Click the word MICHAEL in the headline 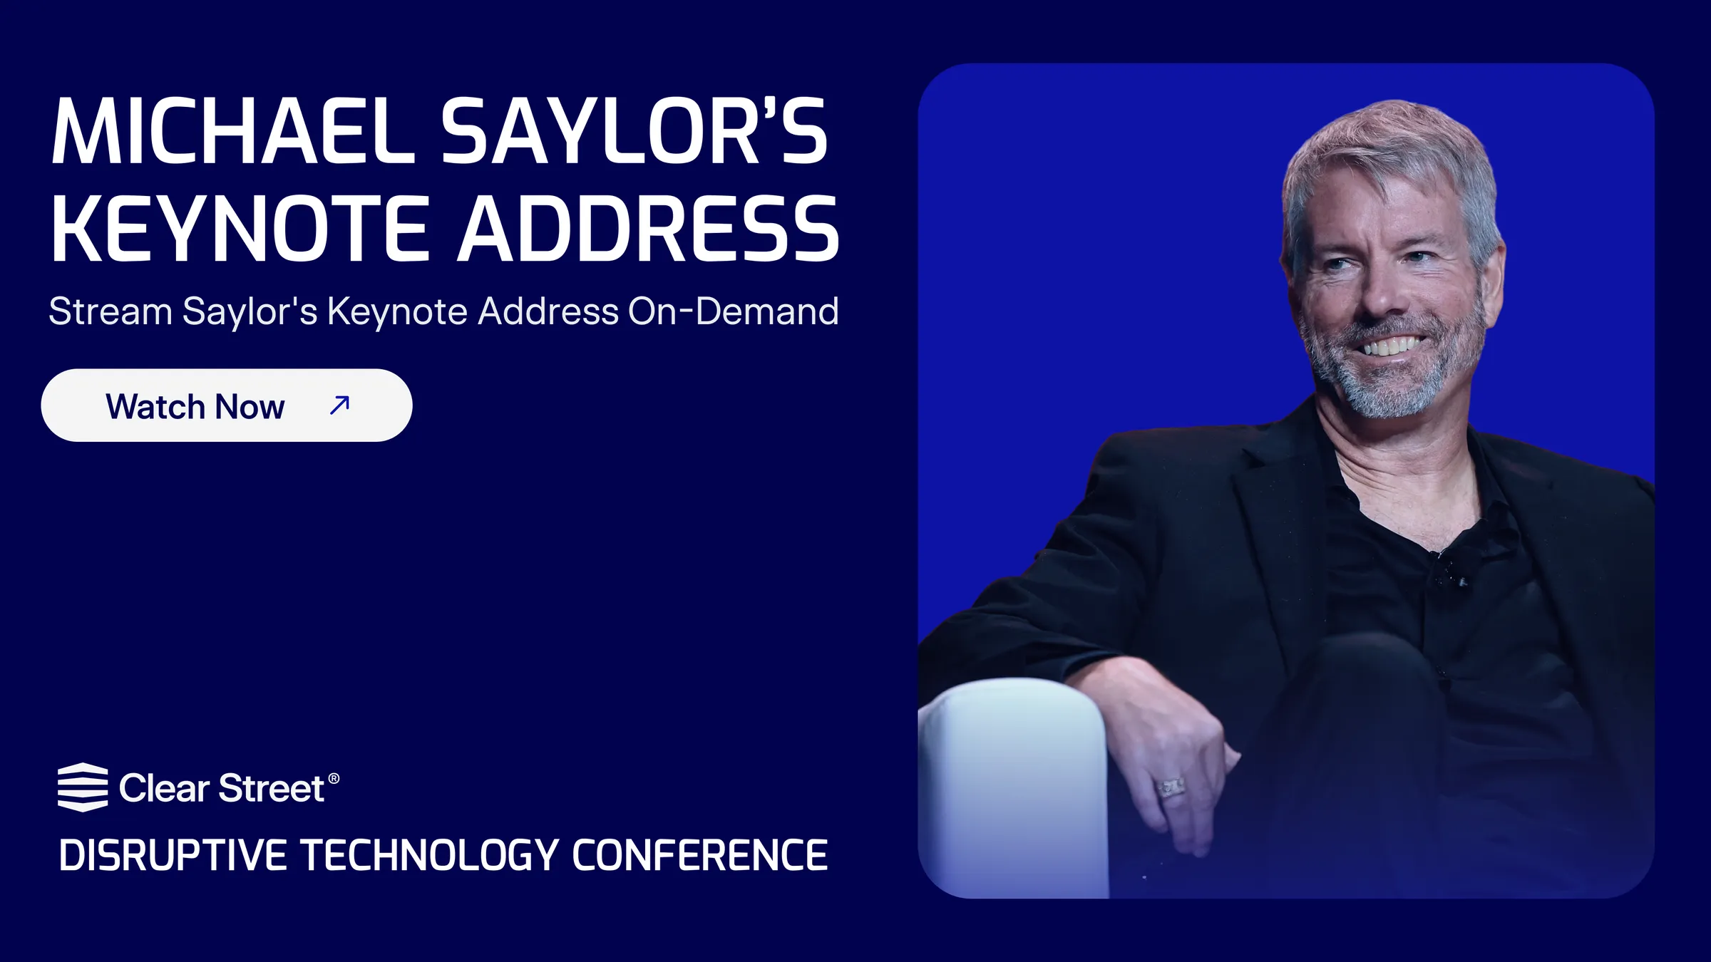point(233,131)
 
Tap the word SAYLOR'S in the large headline point(634,131)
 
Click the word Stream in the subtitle point(111,311)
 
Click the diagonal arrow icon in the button point(339,405)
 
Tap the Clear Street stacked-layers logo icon point(83,787)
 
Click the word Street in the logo point(271,788)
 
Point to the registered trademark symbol point(334,778)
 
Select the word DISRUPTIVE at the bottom point(173,855)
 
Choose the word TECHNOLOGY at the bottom point(429,855)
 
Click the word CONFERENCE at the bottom point(700,855)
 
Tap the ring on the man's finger point(1171,787)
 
